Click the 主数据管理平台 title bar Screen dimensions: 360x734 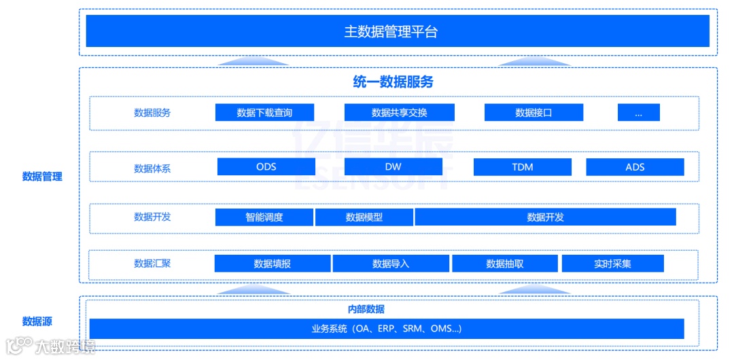[x=398, y=31]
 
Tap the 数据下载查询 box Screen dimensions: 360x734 [x=264, y=113]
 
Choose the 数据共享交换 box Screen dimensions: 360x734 [x=399, y=113]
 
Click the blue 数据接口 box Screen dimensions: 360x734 [x=534, y=113]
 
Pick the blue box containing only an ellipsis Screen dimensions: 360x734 [x=638, y=113]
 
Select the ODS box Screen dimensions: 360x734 [x=266, y=167]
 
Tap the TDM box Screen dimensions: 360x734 [x=522, y=167]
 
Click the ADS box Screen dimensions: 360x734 [x=635, y=167]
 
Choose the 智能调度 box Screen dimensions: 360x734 [x=264, y=217]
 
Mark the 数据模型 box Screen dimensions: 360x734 [x=364, y=217]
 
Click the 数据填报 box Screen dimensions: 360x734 [x=272, y=264]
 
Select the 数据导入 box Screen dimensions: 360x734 [x=391, y=264]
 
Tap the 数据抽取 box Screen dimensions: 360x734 [x=504, y=264]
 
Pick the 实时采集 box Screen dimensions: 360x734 [x=612, y=264]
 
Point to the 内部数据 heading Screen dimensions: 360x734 [x=366, y=309]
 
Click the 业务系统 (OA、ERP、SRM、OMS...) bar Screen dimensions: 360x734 [x=387, y=329]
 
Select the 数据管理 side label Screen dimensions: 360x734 [x=42, y=177]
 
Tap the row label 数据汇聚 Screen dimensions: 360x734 [x=152, y=264]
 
